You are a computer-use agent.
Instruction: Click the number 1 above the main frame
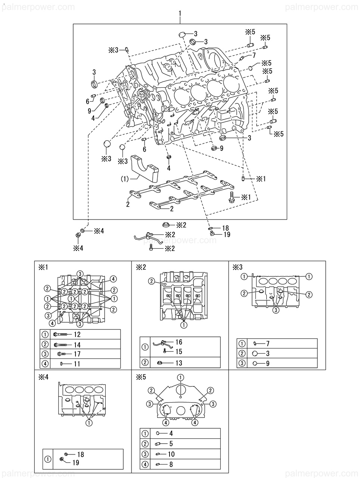point(180,14)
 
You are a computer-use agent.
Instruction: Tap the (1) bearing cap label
point(125,179)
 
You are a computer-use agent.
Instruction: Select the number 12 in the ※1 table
point(77,334)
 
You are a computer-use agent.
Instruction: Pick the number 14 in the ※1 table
point(77,345)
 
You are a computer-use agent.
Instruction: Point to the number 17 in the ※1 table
point(77,354)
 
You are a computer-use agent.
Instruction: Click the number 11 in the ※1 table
point(77,364)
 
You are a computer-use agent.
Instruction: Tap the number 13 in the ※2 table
point(179,363)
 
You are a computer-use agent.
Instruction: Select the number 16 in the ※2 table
point(179,342)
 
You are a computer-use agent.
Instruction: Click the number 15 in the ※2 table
point(179,351)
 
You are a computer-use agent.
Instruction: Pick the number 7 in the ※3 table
point(268,344)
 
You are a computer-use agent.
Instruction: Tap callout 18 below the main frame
point(226,228)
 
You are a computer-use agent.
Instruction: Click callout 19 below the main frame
point(227,235)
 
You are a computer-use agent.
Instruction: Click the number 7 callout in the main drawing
point(254,55)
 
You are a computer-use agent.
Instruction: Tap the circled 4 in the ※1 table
point(45,364)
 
